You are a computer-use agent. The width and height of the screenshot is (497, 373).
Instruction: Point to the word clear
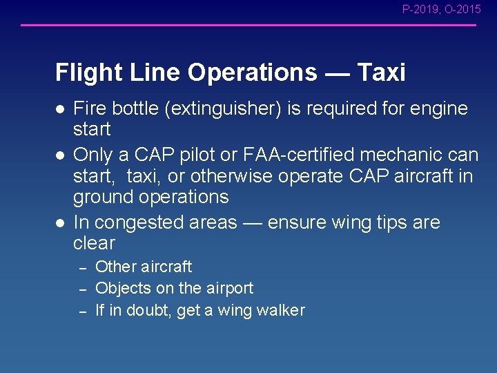(x=94, y=243)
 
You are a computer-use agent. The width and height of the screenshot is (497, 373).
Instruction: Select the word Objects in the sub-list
(x=122, y=288)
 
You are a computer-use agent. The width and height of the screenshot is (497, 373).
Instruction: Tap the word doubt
(x=152, y=310)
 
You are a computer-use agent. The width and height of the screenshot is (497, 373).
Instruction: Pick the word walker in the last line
(x=281, y=310)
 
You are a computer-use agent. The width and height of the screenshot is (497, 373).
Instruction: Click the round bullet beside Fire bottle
(x=60, y=109)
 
